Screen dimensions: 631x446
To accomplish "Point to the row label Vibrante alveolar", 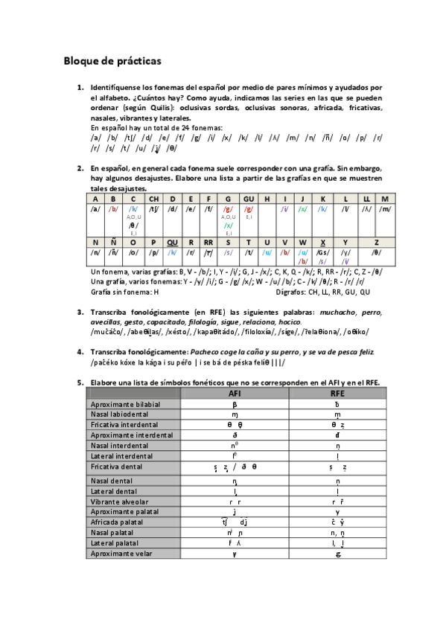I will point(121,502).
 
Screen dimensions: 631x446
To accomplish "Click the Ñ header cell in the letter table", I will point(113,242).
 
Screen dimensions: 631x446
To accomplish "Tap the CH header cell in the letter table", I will point(153,199).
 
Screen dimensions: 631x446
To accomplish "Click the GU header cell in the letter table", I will point(249,199).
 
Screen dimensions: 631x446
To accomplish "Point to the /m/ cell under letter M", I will point(385,209).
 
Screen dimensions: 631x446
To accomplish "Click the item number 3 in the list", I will point(80,312).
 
